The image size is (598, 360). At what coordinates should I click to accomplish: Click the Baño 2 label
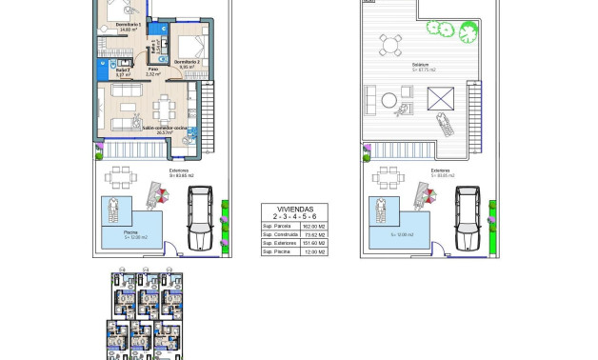[x=123, y=70]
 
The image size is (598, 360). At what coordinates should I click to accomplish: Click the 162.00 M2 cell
[x=313, y=225]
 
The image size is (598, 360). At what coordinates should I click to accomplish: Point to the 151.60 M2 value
[x=313, y=243]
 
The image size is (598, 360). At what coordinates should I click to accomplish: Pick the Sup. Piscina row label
[x=277, y=251]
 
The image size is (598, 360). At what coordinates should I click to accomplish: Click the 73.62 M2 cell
[x=313, y=233]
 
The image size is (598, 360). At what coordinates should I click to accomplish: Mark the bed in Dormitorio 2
[x=189, y=45]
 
